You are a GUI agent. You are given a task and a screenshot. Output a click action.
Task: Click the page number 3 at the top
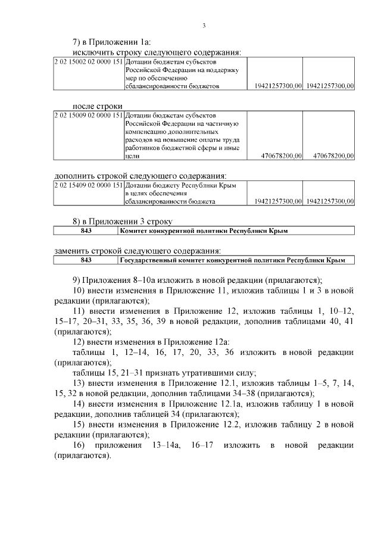pyautogui.click(x=204, y=25)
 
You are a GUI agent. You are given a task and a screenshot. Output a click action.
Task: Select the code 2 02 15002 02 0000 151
pyautogui.click(x=88, y=62)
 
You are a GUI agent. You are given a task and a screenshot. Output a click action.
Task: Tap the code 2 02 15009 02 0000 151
pyautogui.click(x=88, y=115)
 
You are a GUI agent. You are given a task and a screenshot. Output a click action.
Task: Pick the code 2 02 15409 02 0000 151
pyautogui.click(x=88, y=186)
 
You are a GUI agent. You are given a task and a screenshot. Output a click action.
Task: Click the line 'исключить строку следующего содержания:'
pyautogui.click(x=157, y=52)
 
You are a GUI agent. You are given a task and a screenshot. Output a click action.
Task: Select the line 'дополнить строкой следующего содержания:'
pyautogui.click(x=140, y=176)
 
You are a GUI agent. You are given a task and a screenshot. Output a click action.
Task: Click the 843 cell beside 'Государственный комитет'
pyautogui.click(x=86, y=260)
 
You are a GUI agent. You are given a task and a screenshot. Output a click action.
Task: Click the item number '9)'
pyautogui.click(x=79, y=280)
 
